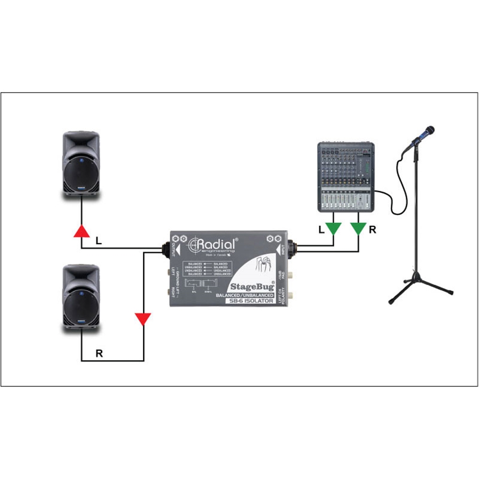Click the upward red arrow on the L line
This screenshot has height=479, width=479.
coord(81,231)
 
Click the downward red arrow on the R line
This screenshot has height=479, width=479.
coord(143,319)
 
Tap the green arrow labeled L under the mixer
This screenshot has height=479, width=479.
coord(334,228)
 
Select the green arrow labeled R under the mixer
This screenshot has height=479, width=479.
coord(358,228)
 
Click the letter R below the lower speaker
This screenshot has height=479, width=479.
coord(99,353)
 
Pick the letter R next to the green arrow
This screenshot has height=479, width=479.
coord(373,230)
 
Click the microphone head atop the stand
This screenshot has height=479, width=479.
coord(428,131)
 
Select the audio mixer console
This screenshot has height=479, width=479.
coord(346,176)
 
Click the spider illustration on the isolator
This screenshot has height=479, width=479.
coord(265,263)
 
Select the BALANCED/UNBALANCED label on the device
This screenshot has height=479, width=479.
coord(248,295)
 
